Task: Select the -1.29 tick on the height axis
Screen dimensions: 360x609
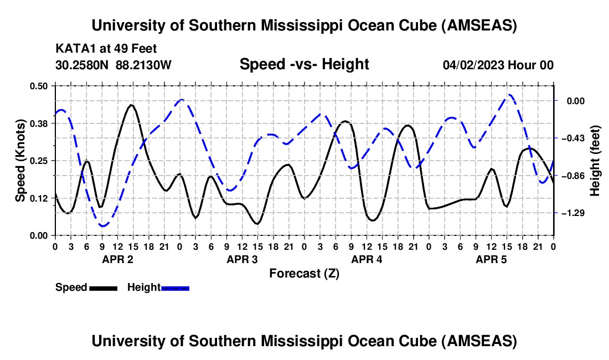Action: (576, 213)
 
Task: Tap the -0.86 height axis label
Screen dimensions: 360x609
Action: (576, 176)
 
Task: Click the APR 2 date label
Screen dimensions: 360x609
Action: (117, 259)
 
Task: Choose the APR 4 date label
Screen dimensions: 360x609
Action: (367, 259)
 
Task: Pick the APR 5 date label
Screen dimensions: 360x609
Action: (491, 259)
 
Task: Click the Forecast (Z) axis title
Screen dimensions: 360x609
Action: (304, 273)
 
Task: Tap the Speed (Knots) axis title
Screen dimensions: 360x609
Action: (20, 161)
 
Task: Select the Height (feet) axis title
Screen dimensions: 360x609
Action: (595, 161)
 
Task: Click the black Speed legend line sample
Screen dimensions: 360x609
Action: (102, 287)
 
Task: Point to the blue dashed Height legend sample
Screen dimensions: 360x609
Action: (175, 287)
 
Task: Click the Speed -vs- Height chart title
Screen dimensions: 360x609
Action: (304, 64)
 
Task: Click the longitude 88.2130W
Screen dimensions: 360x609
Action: (144, 65)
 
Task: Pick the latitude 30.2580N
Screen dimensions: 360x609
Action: (83, 65)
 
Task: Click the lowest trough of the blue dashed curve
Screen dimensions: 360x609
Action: (103, 225)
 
